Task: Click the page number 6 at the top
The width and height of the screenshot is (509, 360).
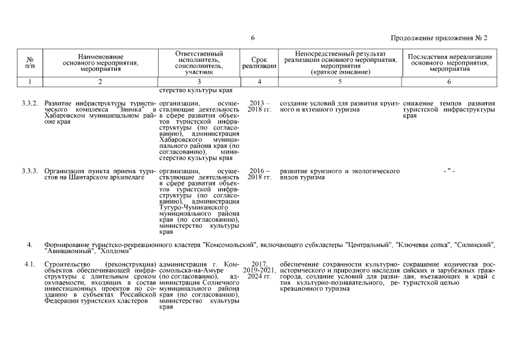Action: (x=253, y=38)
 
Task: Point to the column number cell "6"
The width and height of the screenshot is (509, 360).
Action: (x=449, y=82)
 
